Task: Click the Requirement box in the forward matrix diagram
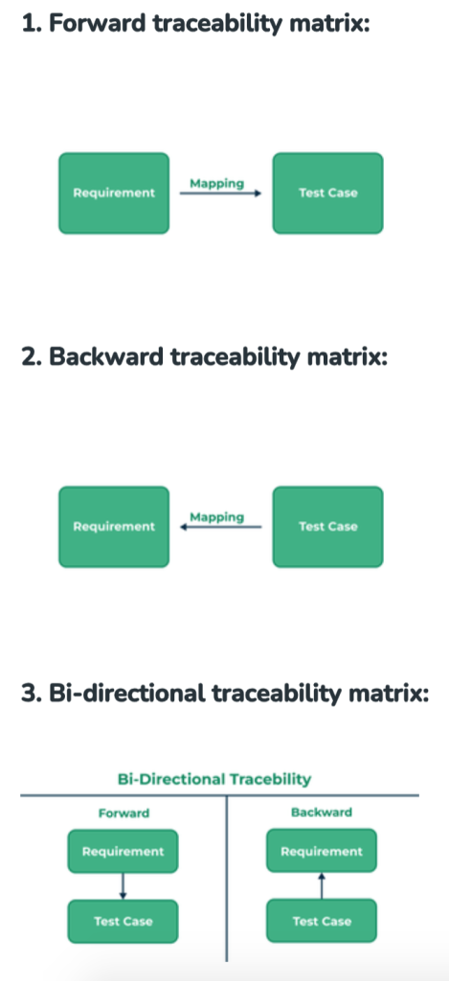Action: click(x=114, y=194)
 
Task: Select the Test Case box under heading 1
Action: click(x=327, y=194)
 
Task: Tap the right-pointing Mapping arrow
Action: click(x=221, y=194)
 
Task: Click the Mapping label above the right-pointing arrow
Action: click(x=217, y=183)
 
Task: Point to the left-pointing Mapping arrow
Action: click(x=221, y=528)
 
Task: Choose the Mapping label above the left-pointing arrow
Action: click(x=217, y=517)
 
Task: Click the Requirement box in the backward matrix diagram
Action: click(x=114, y=527)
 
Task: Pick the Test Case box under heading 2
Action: click(x=327, y=527)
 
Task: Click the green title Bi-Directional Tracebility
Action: click(x=213, y=780)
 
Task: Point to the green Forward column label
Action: click(x=123, y=813)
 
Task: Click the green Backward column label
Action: click(x=322, y=812)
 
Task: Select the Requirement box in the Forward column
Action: click(x=123, y=852)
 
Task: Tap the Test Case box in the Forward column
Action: click(x=123, y=922)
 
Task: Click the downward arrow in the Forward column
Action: click(x=123, y=886)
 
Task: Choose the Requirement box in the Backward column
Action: click(x=322, y=851)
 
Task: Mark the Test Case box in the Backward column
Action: click(x=322, y=921)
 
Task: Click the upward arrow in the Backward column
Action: click(x=322, y=886)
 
